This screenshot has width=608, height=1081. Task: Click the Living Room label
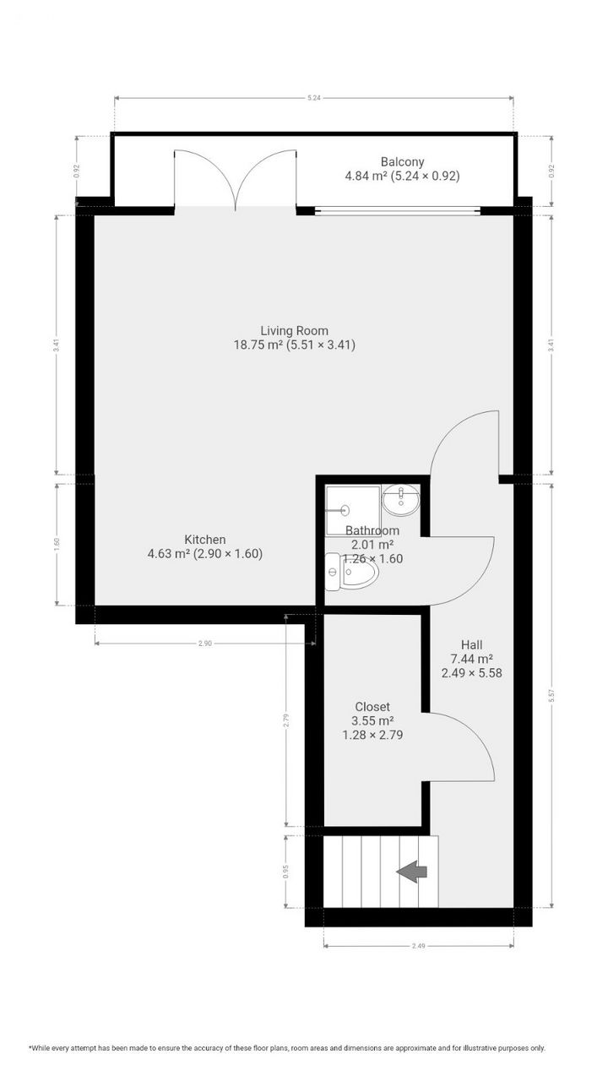click(x=294, y=330)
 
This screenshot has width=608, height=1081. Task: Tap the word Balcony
click(x=402, y=162)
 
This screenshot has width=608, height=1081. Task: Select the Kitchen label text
click(x=205, y=540)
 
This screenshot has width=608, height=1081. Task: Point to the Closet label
click(x=372, y=707)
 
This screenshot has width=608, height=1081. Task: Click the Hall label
click(x=472, y=644)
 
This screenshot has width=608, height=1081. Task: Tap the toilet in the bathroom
click(x=351, y=573)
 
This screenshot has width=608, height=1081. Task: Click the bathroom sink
click(x=399, y=501)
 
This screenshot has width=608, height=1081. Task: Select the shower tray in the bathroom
click(x=352, y=509)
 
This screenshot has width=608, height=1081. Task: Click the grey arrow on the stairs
click(x=412, y=872)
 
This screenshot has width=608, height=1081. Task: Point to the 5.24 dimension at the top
click(x=314, y=98)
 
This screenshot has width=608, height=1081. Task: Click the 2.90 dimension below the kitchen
click(x=204, y=644)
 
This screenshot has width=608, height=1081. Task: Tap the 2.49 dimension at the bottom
click(x=418, y=946)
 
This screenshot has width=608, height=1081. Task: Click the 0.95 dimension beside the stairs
click(x=287, y=871)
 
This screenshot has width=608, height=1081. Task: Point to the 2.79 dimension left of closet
click(x=287, y=720)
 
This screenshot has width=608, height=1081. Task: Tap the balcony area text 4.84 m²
click(x=366, y=177)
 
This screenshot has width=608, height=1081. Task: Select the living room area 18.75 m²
click(x=258, y=345)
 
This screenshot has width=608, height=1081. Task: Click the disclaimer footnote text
click(x=287, y=1048)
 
